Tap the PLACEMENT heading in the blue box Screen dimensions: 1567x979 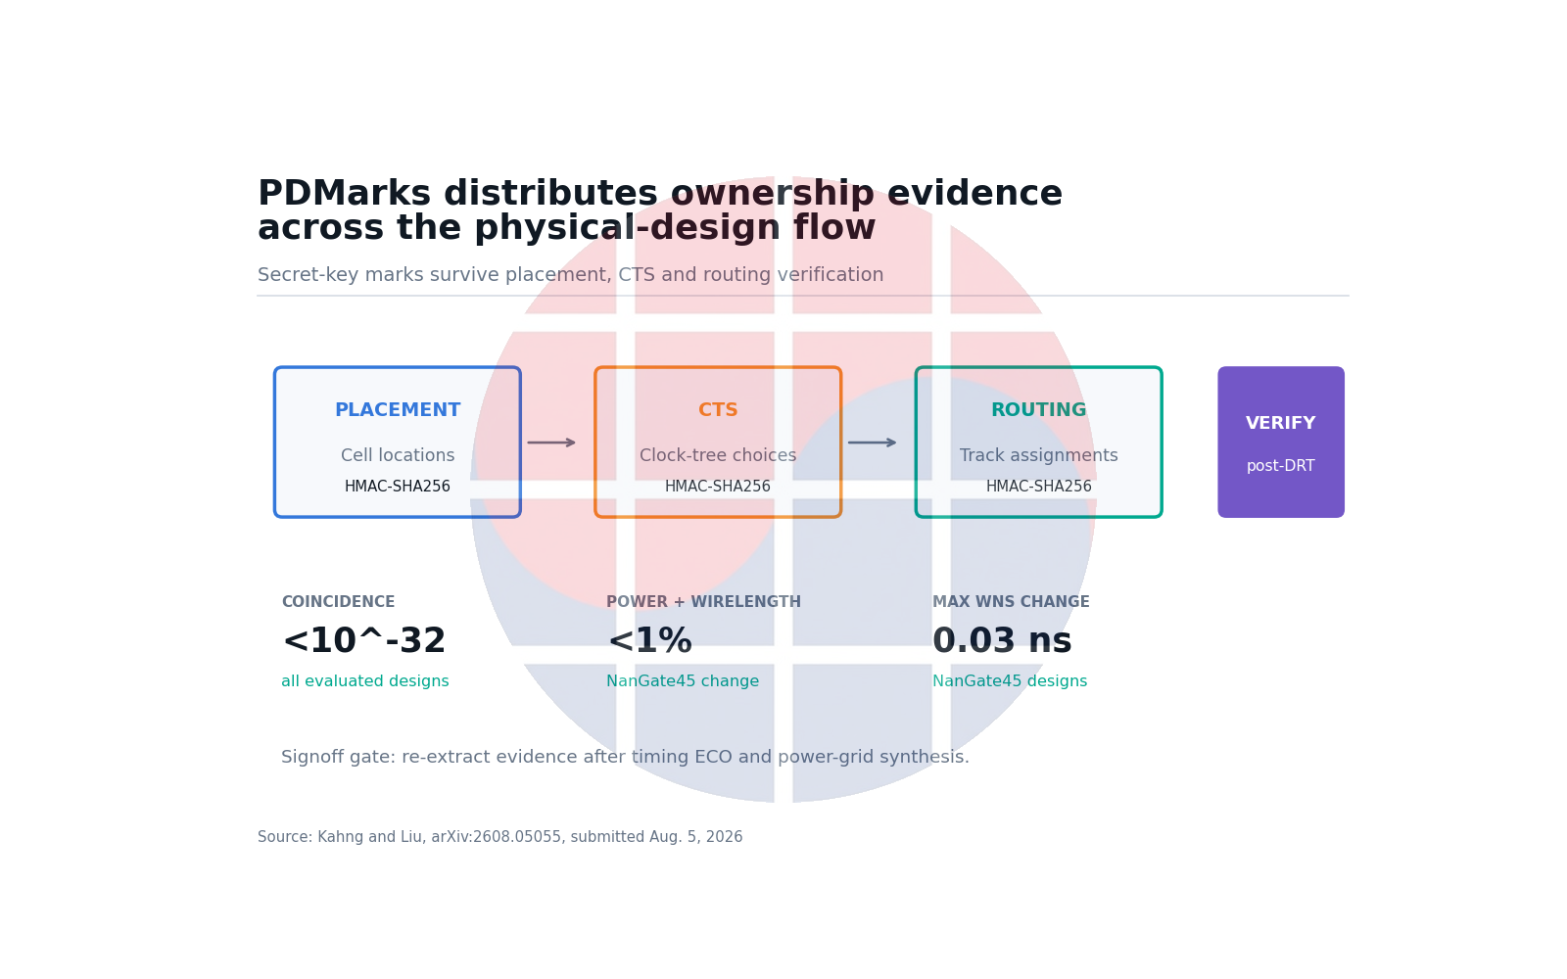[398, 410]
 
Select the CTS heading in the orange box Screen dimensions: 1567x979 [718, 410]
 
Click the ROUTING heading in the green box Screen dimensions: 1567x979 [1038, 410]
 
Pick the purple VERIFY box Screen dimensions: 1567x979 [1280, 442]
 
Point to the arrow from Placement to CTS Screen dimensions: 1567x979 [551, 443]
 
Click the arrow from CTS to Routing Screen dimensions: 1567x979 [872, 443]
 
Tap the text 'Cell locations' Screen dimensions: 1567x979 [398, 455]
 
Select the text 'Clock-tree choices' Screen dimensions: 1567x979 [718, 455]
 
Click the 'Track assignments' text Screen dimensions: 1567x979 [1038, 455]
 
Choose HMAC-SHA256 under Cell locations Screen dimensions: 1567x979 [398, 486]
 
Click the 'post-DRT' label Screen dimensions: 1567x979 [1280, 466]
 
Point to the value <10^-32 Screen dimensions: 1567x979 [363, 640]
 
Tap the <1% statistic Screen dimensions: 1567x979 [649, 640]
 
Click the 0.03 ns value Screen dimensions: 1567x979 [1002, 640]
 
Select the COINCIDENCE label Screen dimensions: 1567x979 [338, 602]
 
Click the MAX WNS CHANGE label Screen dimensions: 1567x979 [1011, 602]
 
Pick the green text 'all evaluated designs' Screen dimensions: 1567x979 [365, 681]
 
